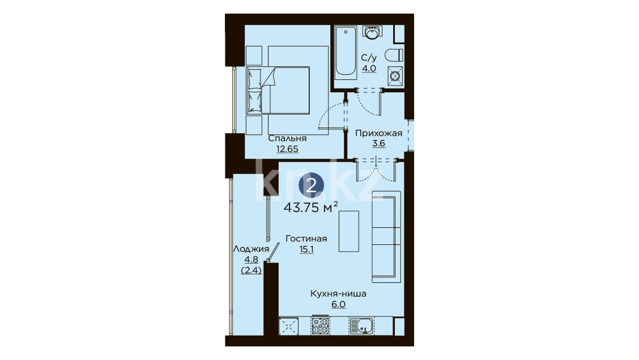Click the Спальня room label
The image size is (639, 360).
coord(287,139)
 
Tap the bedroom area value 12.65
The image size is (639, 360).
coord(287,149)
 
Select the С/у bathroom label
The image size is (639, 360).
coord(369,57)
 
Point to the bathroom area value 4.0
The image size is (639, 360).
coord(369,69)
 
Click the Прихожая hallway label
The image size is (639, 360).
coord(378,133)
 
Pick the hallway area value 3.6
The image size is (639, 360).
coord(378,143)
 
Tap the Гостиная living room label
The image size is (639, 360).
coord(306,239)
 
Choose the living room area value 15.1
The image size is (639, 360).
coord(306,249)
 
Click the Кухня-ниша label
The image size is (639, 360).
coord(338,294)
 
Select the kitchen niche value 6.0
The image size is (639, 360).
coord(338,304)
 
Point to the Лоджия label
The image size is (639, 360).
coord(251,249)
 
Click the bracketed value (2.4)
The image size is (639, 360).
coord(251,270)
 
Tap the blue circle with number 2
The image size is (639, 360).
coord(312,186)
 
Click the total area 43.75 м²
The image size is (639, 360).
coord(310,207)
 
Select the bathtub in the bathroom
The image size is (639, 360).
coord(346,52)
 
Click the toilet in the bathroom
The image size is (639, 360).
coord(394,55)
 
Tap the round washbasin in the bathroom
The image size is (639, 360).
coord(372,33)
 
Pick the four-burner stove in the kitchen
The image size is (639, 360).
coord(321,325)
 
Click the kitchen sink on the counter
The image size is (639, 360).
coord(361,326)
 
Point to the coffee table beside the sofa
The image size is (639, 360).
coord(349,231)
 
